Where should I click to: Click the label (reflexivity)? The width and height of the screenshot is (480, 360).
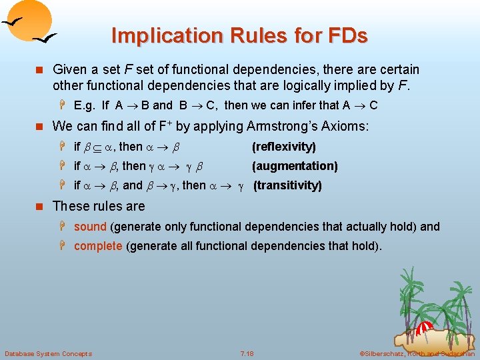[283, 147]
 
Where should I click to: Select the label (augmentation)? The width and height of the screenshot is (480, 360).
[295, 166]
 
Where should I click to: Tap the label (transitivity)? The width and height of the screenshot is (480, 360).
[287, 185]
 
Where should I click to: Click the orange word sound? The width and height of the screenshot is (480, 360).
[90, 227]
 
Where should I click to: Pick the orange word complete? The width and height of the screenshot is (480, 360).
[98, 246]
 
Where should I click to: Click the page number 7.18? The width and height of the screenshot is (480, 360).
[247, 353]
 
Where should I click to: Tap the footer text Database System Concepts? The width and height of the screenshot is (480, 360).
[48, 353]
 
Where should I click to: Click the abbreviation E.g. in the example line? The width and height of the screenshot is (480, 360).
[85, 105]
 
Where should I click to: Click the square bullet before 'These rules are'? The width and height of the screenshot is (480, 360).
[41, 206]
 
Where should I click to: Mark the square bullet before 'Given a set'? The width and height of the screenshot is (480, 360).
[41, 70]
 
